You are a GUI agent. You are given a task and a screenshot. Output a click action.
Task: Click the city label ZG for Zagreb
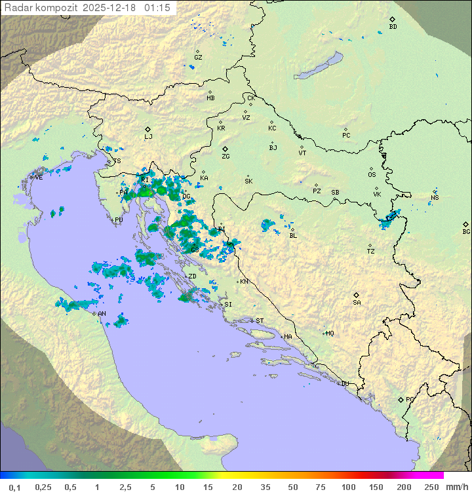point(226,157)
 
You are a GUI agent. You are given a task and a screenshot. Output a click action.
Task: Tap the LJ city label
point(148,137)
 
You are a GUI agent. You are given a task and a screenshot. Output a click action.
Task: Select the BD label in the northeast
point(393,27)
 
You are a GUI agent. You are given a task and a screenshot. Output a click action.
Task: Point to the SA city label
point(357,302)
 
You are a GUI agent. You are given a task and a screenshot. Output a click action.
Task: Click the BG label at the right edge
point(466,231)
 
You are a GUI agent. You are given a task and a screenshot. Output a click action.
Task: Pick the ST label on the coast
point(260,321)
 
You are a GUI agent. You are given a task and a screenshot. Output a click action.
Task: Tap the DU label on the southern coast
point(344,384)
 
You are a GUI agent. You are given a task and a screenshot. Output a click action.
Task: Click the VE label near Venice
point(39,177)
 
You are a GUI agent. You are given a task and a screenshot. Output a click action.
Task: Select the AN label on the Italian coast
point(102,314)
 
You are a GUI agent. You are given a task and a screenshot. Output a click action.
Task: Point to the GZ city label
point(198,58)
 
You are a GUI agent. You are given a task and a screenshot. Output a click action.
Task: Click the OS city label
point(372,175)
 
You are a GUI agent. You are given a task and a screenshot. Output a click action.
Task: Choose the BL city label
point(293,236)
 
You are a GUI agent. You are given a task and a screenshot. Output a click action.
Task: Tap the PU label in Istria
point(119,220)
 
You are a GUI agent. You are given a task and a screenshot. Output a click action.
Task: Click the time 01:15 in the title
point(157,8)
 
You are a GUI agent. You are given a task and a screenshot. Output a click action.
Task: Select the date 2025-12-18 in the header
point(111,8)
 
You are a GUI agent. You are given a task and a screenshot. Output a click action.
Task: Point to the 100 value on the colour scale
point(348,487)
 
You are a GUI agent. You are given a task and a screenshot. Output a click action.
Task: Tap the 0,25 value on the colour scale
point(43,487)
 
